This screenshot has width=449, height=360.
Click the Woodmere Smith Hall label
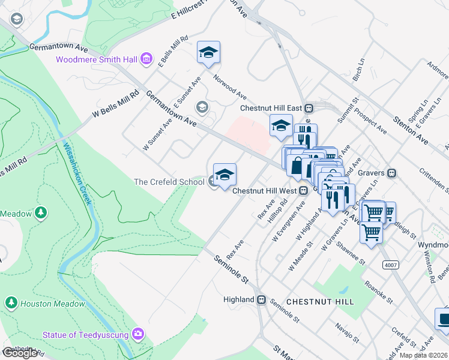pos(97,59)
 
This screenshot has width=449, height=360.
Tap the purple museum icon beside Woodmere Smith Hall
pos(146,59)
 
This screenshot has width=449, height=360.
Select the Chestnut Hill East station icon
pos(309,109)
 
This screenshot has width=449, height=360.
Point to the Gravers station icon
pos(391,173)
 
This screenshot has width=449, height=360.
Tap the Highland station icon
pos(261,299)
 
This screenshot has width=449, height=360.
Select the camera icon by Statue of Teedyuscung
pos(139,334)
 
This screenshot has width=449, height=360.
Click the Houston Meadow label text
pos(53,304)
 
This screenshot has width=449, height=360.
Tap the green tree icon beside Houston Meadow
pos(11,303)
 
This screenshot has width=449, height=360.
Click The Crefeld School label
pos(169,182)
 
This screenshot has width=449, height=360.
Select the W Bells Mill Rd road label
pos(116,104)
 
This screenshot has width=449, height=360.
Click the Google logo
pos(20,353)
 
